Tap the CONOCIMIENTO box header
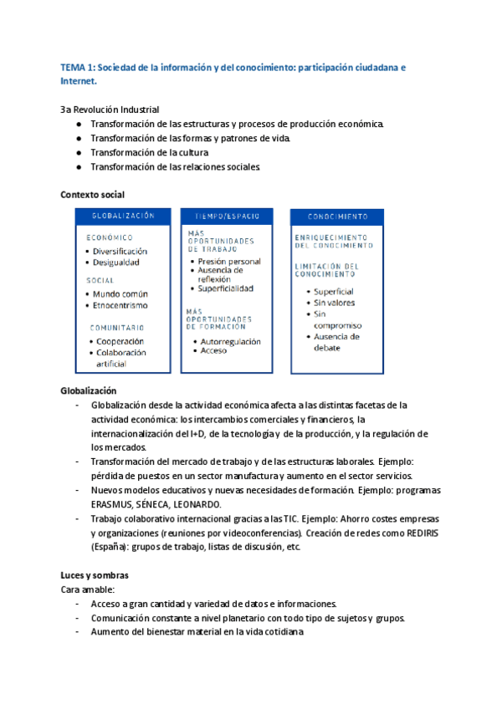[337, 215]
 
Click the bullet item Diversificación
[120, 251]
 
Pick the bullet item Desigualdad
[116, 263]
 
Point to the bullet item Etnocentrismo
[120, 306]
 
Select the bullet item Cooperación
[119, 341]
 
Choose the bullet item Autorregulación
[230, 341]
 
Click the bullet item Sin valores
[334, 303]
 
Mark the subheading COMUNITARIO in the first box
[116, 328]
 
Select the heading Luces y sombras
[94, 576]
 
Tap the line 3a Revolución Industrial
[110, 110]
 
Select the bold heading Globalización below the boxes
[89, 390]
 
